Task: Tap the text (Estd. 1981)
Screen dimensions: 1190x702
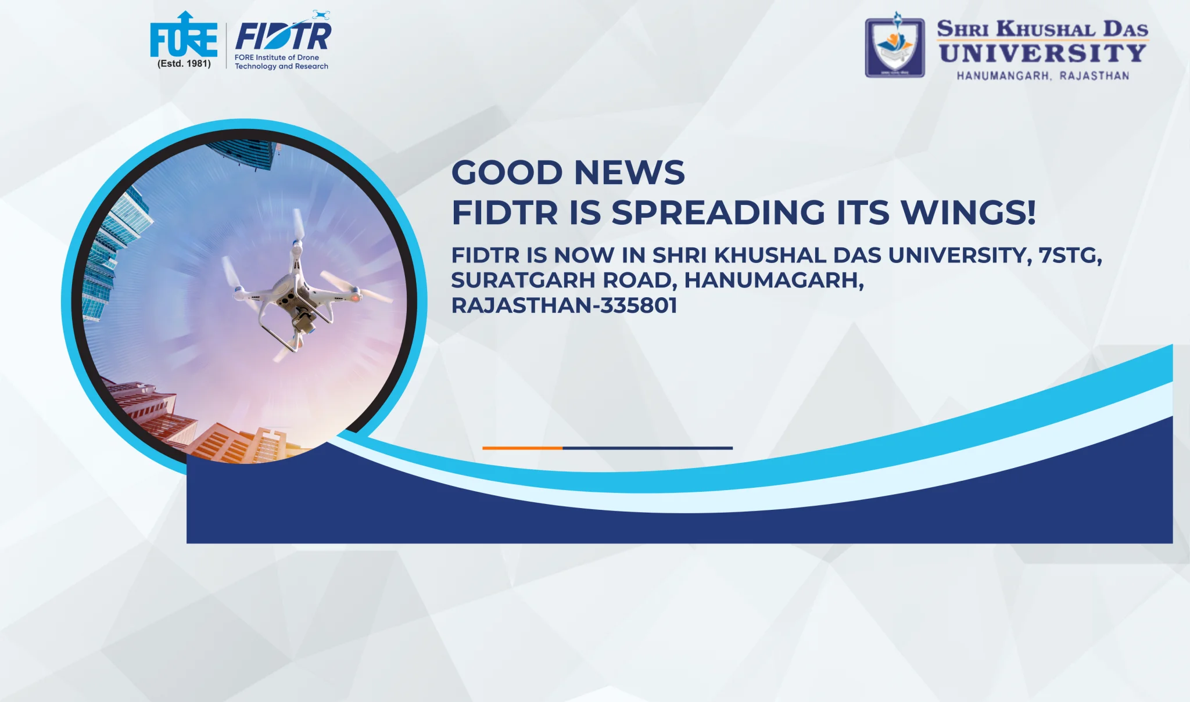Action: pos(184,64)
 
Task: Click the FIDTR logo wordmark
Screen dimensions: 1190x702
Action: pos(283,36)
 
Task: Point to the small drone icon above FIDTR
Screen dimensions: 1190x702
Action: pos(321,15)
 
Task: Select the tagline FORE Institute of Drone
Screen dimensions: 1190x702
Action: pos(277,57)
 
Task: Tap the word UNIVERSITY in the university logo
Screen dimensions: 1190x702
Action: pos(1042,53)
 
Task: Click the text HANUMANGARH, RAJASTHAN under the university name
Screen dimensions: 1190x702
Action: pos(1043,76)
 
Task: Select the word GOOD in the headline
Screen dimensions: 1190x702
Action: pos(507,172)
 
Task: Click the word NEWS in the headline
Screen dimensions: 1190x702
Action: pos(629,172)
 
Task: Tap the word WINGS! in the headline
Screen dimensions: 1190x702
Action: pos(968,212)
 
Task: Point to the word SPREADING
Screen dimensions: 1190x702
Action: pos(718,212)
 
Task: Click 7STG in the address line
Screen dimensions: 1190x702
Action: pos(1070,255)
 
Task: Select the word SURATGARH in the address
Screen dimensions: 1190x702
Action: pos(524,280)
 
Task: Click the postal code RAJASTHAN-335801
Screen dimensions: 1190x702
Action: pos(564,305)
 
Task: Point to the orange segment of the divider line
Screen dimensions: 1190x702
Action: pos(522,448)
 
